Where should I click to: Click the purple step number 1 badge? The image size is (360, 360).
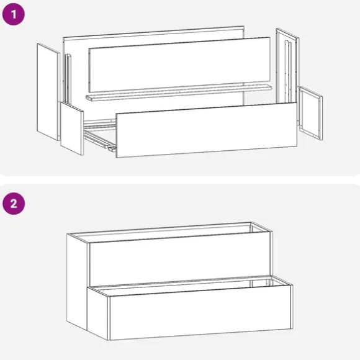pos(13,14)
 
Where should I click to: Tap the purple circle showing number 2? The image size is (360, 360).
pos(14,204)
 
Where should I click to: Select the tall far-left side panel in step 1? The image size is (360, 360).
pos(48,92)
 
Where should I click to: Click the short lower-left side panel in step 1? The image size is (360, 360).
pos(72,128)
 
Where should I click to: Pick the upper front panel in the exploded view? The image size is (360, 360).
pos(179,65)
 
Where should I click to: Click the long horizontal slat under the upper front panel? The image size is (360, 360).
pos(179,92)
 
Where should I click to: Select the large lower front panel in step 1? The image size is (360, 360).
pos(206,130)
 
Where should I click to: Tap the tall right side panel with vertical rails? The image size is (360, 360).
pos(287,66)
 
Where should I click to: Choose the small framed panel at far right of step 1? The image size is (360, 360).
pos(310,113)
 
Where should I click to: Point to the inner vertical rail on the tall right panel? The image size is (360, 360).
pos(288,71)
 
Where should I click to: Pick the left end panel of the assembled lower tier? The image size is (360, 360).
pos(98,313)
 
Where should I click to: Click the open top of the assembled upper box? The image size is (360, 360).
pos(170,232)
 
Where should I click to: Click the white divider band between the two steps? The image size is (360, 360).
pos(180,180)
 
